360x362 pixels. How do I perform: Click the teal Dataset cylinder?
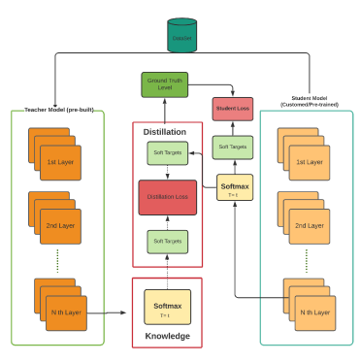(x=181, y=36)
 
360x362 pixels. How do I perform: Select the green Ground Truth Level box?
(x=165, y=84)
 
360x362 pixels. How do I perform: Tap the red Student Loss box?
(x=233, y=109)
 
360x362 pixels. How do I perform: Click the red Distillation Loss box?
(x=168, y=197)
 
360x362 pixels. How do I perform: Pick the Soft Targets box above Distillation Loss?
(x=168, y=153)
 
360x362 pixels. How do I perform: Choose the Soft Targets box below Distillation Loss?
(x=168, y=240)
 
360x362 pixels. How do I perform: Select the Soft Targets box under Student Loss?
(x=233, y=148)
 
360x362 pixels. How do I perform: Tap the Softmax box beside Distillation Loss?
(x=234, y=187)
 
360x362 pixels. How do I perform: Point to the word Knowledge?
(x=167, y=336)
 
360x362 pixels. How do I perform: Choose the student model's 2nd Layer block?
(x=307, y=225)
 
